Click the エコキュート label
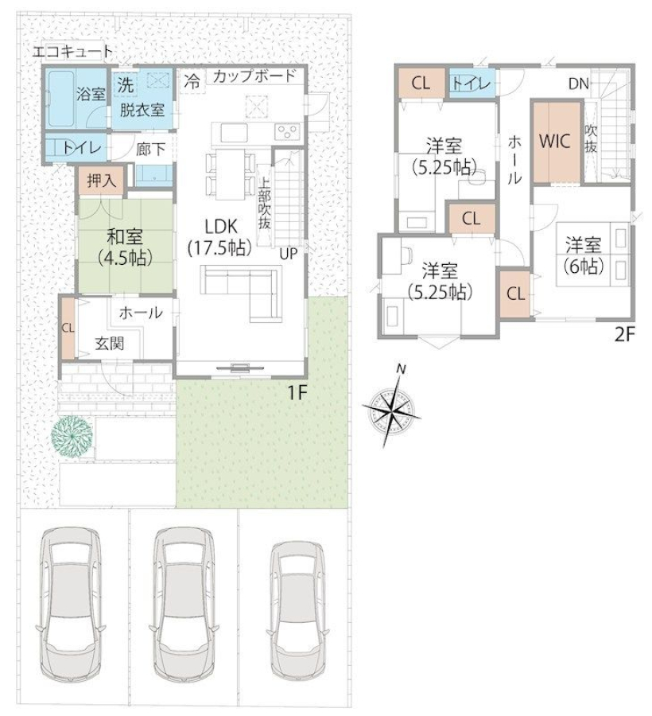(72, 52)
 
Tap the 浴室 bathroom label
(91, 95)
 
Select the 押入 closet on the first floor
(101, 181)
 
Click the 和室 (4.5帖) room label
(125, 247)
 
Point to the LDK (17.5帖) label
(220, 236)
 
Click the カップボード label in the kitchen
(254, 76)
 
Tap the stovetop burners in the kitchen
(287, 132)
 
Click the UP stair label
(289, 254)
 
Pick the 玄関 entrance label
(110, 344)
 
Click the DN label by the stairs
(579, 84)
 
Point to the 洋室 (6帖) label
(584, 255)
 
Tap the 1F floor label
(297, 392)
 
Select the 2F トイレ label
(472, 84)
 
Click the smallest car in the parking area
(298, 610)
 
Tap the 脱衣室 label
(142, 110)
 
